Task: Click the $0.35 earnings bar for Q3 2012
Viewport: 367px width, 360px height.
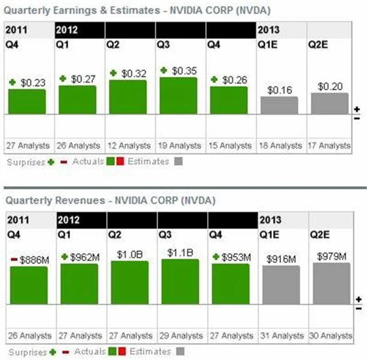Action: pos(178,95)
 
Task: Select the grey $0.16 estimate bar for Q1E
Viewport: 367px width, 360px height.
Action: pos(279,105)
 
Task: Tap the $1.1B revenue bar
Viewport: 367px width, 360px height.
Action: pos(180,281)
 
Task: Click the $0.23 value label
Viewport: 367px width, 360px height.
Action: pos(33,83)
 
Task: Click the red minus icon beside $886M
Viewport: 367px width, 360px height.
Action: pos(14,260)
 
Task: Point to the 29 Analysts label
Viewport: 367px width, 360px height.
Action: pos(180,335)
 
